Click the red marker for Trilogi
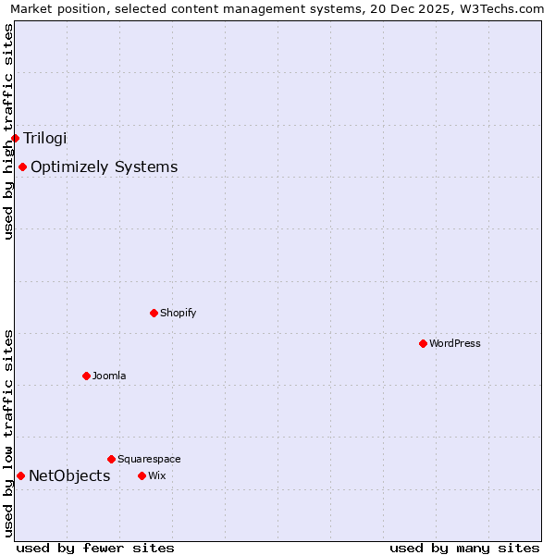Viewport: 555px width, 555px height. pos(15,138)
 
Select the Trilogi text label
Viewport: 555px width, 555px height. pos(45,138)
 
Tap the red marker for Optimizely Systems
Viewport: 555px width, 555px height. pos(22,166)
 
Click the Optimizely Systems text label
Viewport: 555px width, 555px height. pos(104,167)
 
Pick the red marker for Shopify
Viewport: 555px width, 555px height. pos(154,313)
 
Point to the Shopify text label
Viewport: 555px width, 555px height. pos(178,313)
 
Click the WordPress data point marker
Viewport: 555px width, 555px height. pos(423,343)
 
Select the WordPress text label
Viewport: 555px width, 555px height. pos(454,343)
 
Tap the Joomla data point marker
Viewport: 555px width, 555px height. pos(86,376)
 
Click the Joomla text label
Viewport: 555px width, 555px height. pos(109,376)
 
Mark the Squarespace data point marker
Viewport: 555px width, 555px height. pos(111,459)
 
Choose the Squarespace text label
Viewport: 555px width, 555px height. pos(149,459)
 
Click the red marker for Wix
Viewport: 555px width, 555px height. pos(142,475)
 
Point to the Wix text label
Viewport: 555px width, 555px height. pos(156,475)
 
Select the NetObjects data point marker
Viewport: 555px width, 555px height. pos(20,475)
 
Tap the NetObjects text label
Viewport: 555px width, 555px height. pos(69,476)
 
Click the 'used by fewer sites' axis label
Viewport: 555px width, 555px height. pos(95,548)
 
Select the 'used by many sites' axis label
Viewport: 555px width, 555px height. pos(464,548)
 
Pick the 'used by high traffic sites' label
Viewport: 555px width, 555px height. pos(8,131)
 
